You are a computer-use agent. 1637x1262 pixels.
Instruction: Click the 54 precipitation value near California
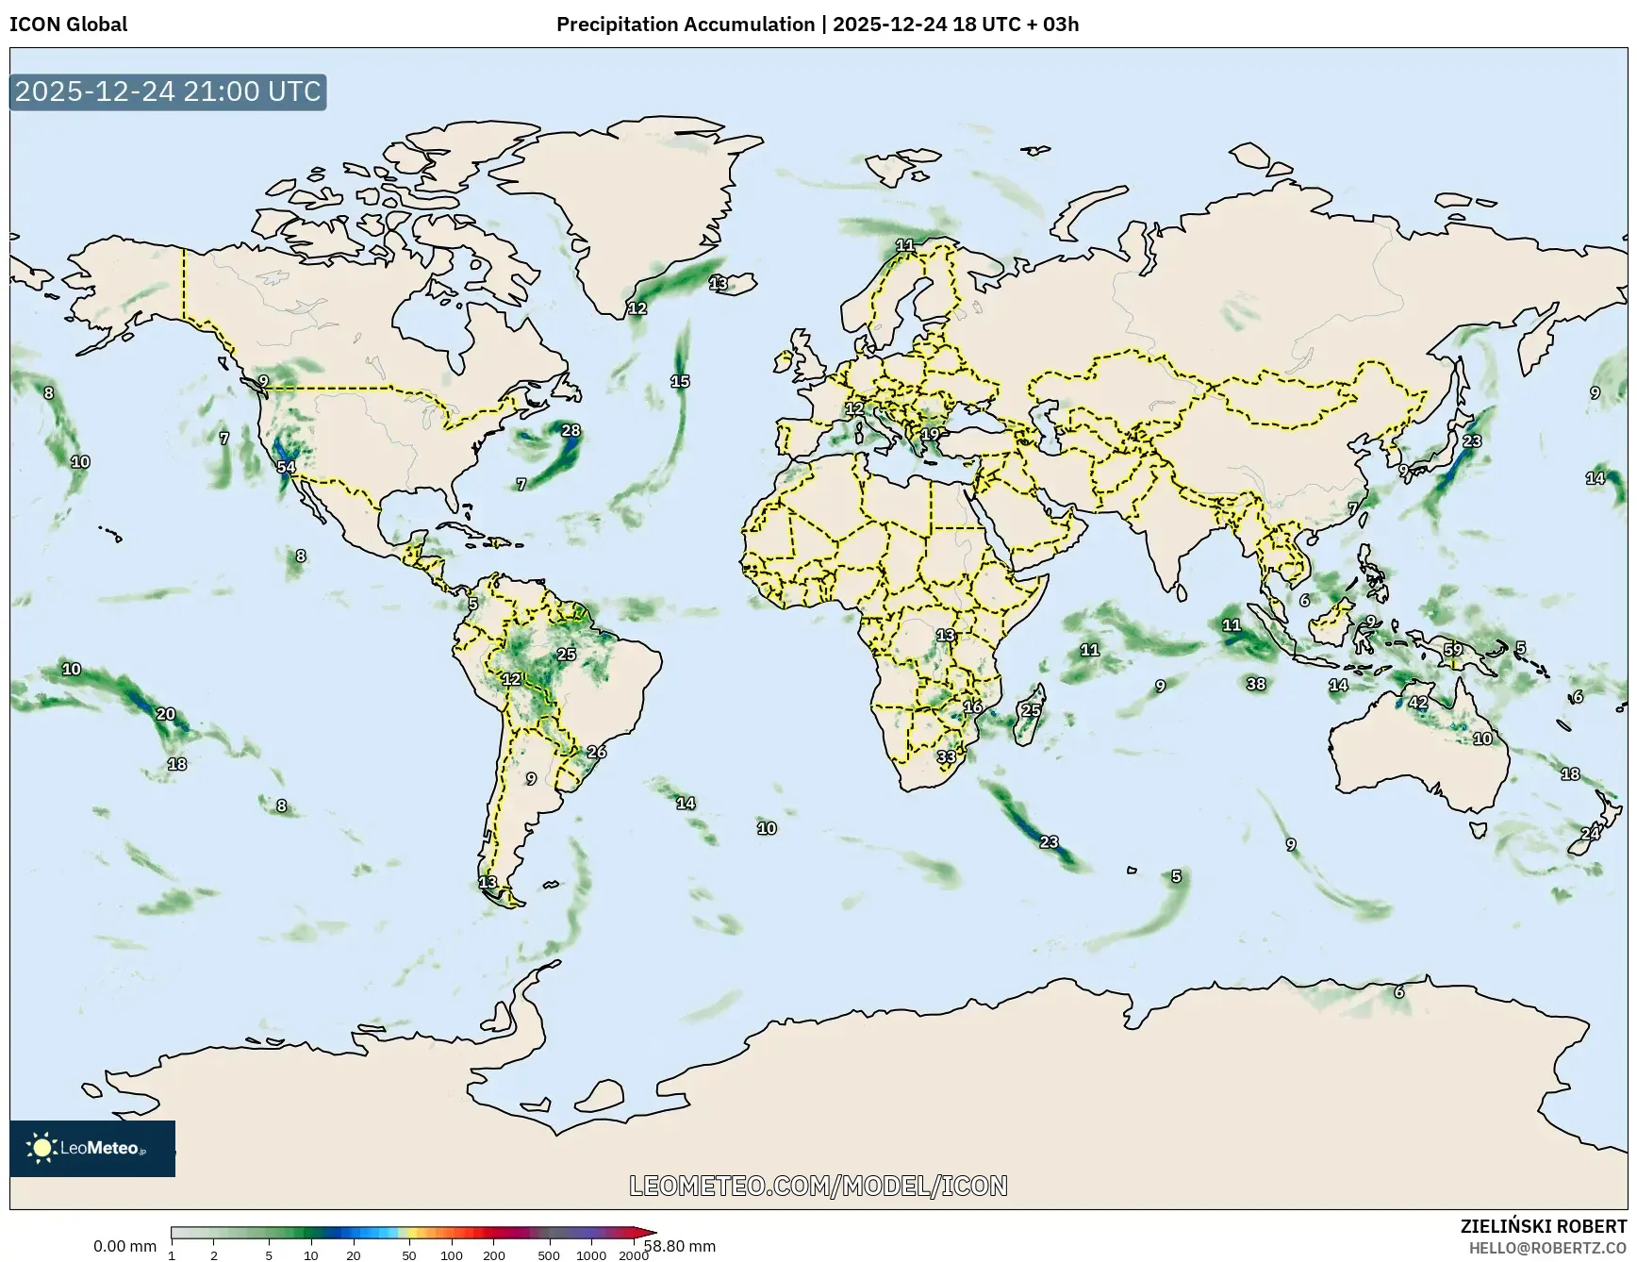point(286,467)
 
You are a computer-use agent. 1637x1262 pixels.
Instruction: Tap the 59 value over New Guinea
point(1453,650)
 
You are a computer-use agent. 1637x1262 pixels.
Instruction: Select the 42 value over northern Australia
point(1418,703)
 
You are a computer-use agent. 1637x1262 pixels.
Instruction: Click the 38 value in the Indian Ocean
point(1256,684)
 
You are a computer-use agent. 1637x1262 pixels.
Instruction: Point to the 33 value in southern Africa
point(947,756)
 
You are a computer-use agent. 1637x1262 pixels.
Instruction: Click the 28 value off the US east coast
point(571,431)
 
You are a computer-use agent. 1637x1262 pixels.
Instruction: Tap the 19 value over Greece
point(931,435)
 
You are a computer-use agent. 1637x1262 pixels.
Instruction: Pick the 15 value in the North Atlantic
point(680,382)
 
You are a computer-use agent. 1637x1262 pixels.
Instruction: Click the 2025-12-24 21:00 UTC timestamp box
point(168,91)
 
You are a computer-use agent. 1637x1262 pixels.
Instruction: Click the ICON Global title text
point(68,25)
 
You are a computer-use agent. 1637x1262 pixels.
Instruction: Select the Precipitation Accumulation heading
point(686,25)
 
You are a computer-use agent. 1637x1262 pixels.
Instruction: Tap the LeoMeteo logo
point(91,1148)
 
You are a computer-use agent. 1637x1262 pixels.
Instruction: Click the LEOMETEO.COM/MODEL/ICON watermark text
point(818,1186)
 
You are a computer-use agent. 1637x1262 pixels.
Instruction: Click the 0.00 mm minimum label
point(124,1246)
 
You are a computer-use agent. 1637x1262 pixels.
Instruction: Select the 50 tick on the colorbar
point(409,1255)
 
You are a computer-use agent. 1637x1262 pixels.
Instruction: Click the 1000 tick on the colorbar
point(591,1255)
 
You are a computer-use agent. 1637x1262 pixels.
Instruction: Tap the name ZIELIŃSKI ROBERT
point(1543,1227)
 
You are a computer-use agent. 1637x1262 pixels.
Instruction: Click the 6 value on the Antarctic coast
point(1399,992)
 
